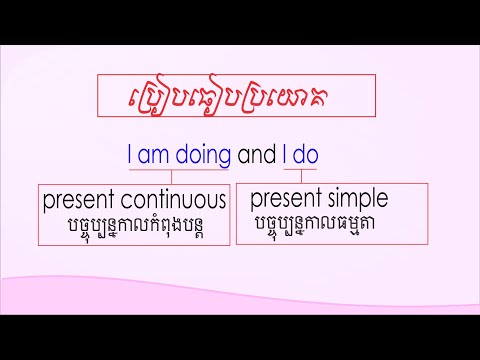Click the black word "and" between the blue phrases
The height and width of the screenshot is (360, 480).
point(255,156)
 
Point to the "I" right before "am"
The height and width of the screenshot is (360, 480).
point(130,156)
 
